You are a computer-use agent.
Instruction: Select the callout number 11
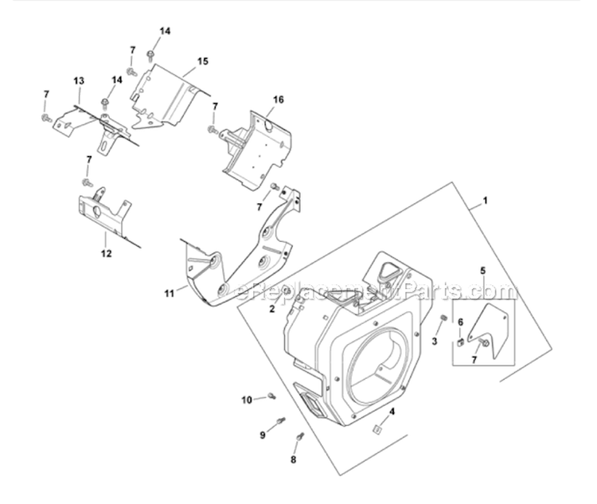pyautogui.click(x=169, y=294)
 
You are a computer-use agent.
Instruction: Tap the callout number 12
pyautogui.click(x=106, y=254)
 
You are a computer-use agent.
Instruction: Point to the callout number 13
pyautogui.click(x=78, y=81)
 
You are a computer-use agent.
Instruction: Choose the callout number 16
pyautogui.click(x=279, y=100)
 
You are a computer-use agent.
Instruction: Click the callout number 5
pyautogui.click(x=482, y=272)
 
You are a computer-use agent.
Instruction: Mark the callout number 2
pyautogui.click(x=272, y=308)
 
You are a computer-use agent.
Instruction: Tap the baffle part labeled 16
pyautogui.click(x=255, y=147)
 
